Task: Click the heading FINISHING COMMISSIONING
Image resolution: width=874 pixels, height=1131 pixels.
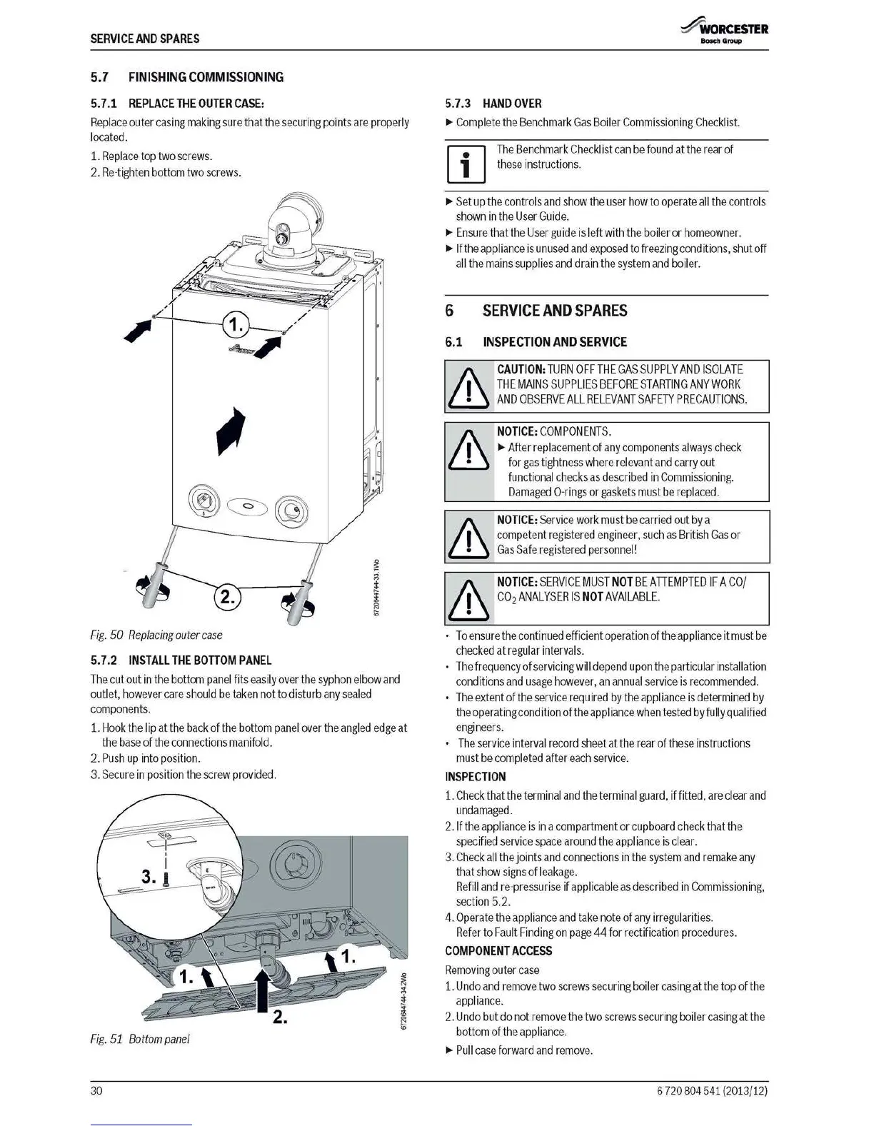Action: [x=206, y=77]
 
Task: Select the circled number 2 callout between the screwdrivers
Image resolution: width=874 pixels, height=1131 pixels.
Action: [x=227, y=596]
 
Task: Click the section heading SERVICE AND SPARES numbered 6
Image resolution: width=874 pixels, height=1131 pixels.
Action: [x=555, y=311]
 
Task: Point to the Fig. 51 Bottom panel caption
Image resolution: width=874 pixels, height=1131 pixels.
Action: [x=140, y=1039]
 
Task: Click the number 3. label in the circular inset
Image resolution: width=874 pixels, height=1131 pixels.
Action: [x=149, y=877]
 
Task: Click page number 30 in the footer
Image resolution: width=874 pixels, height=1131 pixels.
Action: [x=97, y=1091]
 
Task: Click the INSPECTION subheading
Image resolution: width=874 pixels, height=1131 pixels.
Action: [x=476, y=777]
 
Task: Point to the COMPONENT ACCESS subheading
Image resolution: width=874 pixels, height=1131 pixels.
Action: [x=498, y=951]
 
